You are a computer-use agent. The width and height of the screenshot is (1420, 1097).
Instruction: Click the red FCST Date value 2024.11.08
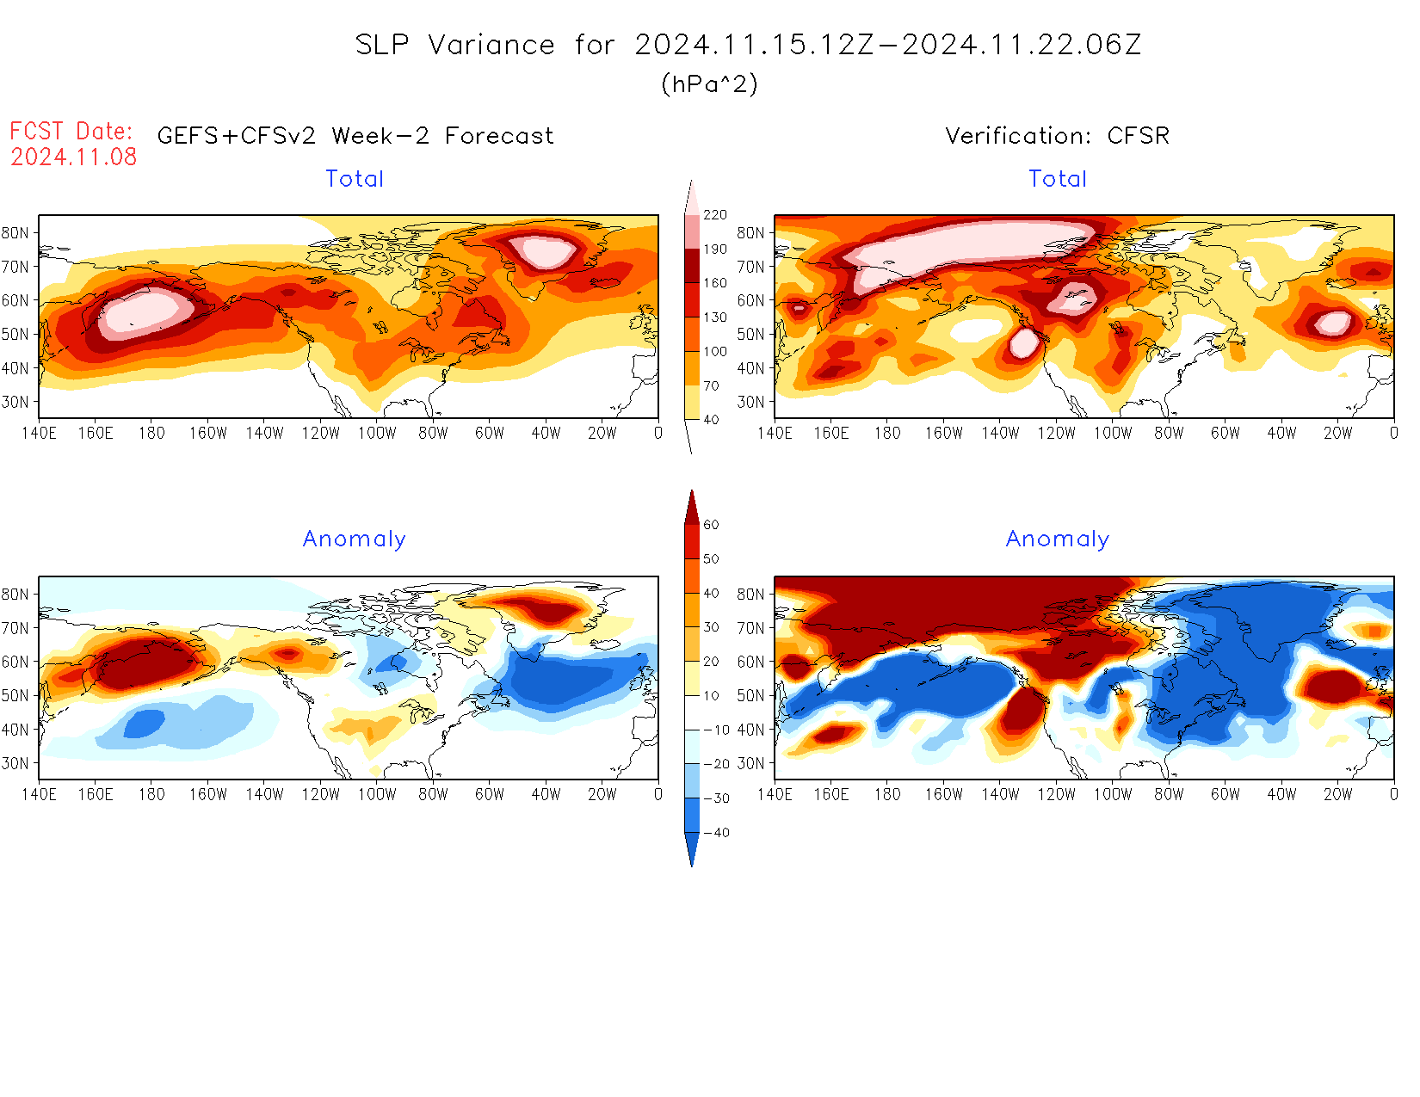(74, 157)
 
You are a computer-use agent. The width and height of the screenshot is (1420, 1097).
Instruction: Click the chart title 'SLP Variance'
(454, 45)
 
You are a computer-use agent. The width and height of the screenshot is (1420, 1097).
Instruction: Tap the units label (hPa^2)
(709, 83)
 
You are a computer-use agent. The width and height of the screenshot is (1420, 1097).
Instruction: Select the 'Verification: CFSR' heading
(1057, 136)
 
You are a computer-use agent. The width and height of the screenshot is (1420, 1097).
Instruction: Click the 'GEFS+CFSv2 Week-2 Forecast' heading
(355, 136)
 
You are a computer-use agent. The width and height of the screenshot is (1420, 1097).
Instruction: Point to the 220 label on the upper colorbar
(715, 215)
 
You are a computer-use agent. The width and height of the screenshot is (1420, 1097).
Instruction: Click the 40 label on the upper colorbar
(711, 420)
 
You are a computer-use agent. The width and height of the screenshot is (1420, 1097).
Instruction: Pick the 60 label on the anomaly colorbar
(711, 525)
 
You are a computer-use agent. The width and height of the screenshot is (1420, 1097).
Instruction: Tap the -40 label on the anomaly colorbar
(716, 833)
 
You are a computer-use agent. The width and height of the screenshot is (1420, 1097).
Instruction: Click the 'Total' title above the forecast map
(355, 179)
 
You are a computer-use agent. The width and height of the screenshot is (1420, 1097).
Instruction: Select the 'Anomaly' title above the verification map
(1058, 539)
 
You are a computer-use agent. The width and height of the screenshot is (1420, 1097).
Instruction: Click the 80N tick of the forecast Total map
(15, 233)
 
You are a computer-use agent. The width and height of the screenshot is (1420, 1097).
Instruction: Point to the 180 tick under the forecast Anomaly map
(151, 795)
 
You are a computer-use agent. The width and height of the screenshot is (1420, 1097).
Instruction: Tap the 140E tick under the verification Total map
(775, 434)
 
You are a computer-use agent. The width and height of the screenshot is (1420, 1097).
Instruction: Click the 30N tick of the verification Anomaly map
(750, 763)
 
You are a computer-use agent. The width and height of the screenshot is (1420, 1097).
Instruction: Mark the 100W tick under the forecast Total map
(377, 434)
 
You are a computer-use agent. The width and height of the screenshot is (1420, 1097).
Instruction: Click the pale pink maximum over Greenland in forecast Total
(544, 251)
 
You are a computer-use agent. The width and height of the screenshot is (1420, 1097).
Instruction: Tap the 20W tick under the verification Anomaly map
(1337, 795)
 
